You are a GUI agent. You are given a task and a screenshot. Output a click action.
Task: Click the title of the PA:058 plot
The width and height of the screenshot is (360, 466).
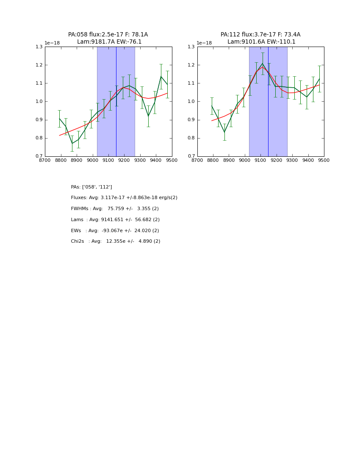(x=108, y=38)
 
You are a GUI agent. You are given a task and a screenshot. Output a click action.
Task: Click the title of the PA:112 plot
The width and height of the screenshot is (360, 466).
(x=260, y=38)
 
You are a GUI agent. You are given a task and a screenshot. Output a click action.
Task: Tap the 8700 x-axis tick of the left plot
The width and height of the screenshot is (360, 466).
(x=45, y=160)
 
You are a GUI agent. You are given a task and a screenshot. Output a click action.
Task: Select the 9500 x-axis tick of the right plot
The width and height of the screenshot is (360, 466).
(x=324, y=160)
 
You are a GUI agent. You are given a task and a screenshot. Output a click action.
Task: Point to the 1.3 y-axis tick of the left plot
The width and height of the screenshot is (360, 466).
(x=39, y=47)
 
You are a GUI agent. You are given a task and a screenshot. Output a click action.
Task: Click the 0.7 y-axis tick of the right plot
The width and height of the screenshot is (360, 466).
(x=191, y=156)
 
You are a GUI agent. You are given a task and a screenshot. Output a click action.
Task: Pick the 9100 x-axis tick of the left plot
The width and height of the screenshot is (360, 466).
(x=108, y=160)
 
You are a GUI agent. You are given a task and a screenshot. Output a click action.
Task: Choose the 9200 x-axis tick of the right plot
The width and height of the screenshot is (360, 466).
(x=277, y=160)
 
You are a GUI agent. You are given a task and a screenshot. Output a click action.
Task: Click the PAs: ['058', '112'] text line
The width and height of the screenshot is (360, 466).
(x=91, y=187)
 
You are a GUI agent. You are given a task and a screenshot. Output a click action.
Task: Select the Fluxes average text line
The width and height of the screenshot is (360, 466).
(x=124, y=198)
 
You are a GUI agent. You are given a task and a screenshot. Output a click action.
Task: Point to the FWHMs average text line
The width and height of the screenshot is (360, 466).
(x=115, y=209)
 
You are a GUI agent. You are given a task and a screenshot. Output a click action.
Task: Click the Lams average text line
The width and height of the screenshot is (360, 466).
(x=115, y=220)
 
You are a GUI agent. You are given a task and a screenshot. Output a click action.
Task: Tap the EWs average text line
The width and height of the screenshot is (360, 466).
(x=115, y=231)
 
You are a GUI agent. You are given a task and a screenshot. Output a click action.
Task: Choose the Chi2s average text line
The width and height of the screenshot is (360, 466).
(x=116, y=241)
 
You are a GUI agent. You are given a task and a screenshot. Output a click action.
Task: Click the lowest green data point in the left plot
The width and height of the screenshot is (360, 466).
(x=72, y=143)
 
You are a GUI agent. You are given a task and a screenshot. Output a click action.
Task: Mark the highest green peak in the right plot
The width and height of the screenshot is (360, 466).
(x=263, y=64)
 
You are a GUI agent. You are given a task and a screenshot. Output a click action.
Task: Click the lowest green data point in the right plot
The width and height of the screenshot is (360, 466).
(x=224, y=132)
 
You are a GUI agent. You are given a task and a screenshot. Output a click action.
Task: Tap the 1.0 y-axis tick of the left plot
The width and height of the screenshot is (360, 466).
(x=39, y=102)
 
